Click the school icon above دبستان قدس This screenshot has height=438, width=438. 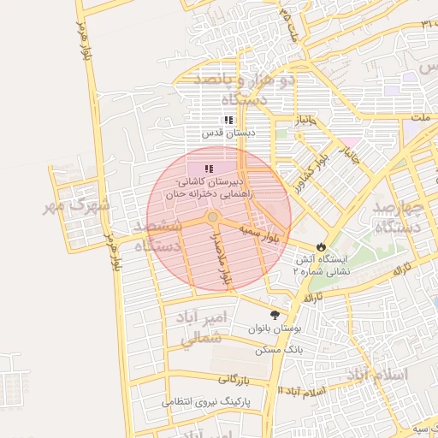tap(228, 121)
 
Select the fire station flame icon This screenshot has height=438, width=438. tap(321, 246)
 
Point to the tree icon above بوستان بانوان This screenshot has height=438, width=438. tap(275, 315)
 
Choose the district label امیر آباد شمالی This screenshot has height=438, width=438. tap(203, 328)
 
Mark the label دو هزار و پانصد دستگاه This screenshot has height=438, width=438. tap(244, 89)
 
